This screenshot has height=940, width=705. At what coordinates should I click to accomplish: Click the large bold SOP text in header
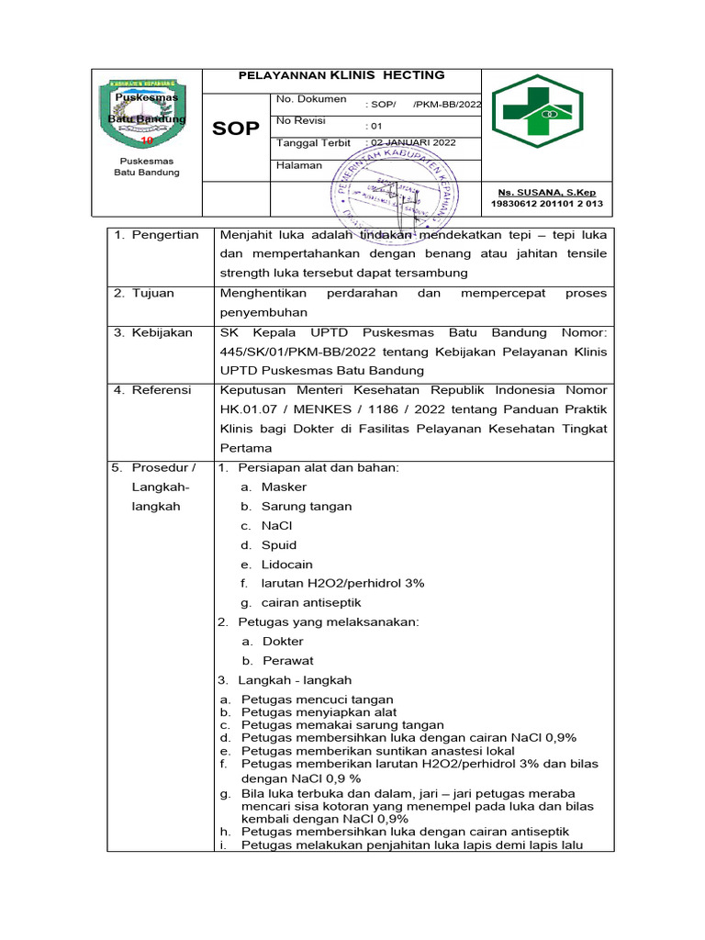(x=236, y=128)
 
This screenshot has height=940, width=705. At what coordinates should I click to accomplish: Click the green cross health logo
(x=537, y=111)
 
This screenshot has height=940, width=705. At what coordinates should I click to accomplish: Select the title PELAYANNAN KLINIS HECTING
(x=341, y=75)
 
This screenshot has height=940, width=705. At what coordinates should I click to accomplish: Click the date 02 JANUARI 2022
(x=410, y=143)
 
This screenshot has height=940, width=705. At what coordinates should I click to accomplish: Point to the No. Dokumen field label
(x=310, y=99)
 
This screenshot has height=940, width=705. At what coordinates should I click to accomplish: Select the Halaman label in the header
(x=299, y=165)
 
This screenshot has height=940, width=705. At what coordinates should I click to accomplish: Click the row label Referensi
(x=162, y=390)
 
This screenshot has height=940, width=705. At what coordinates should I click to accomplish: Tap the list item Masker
(x=284, y=487)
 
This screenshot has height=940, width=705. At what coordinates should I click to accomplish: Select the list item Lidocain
(x=286, y=565)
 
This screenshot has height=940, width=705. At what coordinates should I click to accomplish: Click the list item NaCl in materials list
(x=276, y=526)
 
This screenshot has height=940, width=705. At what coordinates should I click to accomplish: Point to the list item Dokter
(x=283, y=642)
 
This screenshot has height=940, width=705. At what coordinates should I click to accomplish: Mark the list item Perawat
(x=287, y=661)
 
